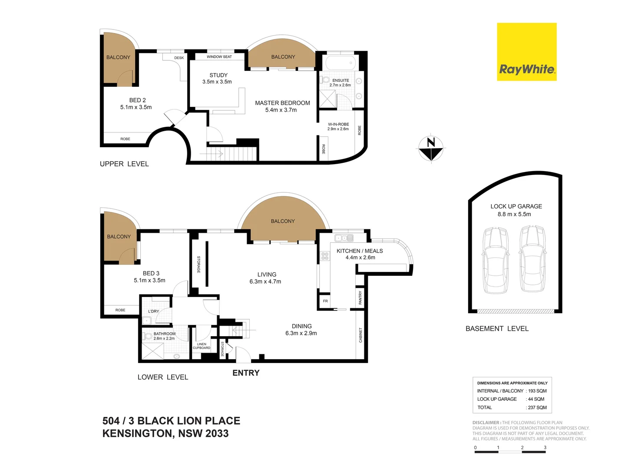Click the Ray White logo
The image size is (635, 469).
point(526,52)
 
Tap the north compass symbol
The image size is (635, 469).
point(431,149)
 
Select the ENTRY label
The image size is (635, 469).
point(246,373)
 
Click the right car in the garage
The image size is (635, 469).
point(532,259)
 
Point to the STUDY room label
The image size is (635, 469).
point(218,75)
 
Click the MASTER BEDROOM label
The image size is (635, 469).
point(282,103)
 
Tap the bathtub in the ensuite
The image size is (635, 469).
point(340,63)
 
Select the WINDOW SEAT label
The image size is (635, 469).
point(219,57)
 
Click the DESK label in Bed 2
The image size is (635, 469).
point(179,58)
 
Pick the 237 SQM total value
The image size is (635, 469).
point(537,408)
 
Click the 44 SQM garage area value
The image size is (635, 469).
point(536,399)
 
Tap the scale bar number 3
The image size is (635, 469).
point(545,447)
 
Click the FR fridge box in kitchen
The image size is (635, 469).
point(325,301)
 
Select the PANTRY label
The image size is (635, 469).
point(360,297)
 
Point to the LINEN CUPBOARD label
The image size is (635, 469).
point(202,346)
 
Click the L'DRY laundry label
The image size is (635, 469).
point(153,311)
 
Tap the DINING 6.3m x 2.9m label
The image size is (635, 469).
point(301,330)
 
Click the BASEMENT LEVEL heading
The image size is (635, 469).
point(497,329)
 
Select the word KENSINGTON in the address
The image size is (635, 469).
point(137,433)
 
